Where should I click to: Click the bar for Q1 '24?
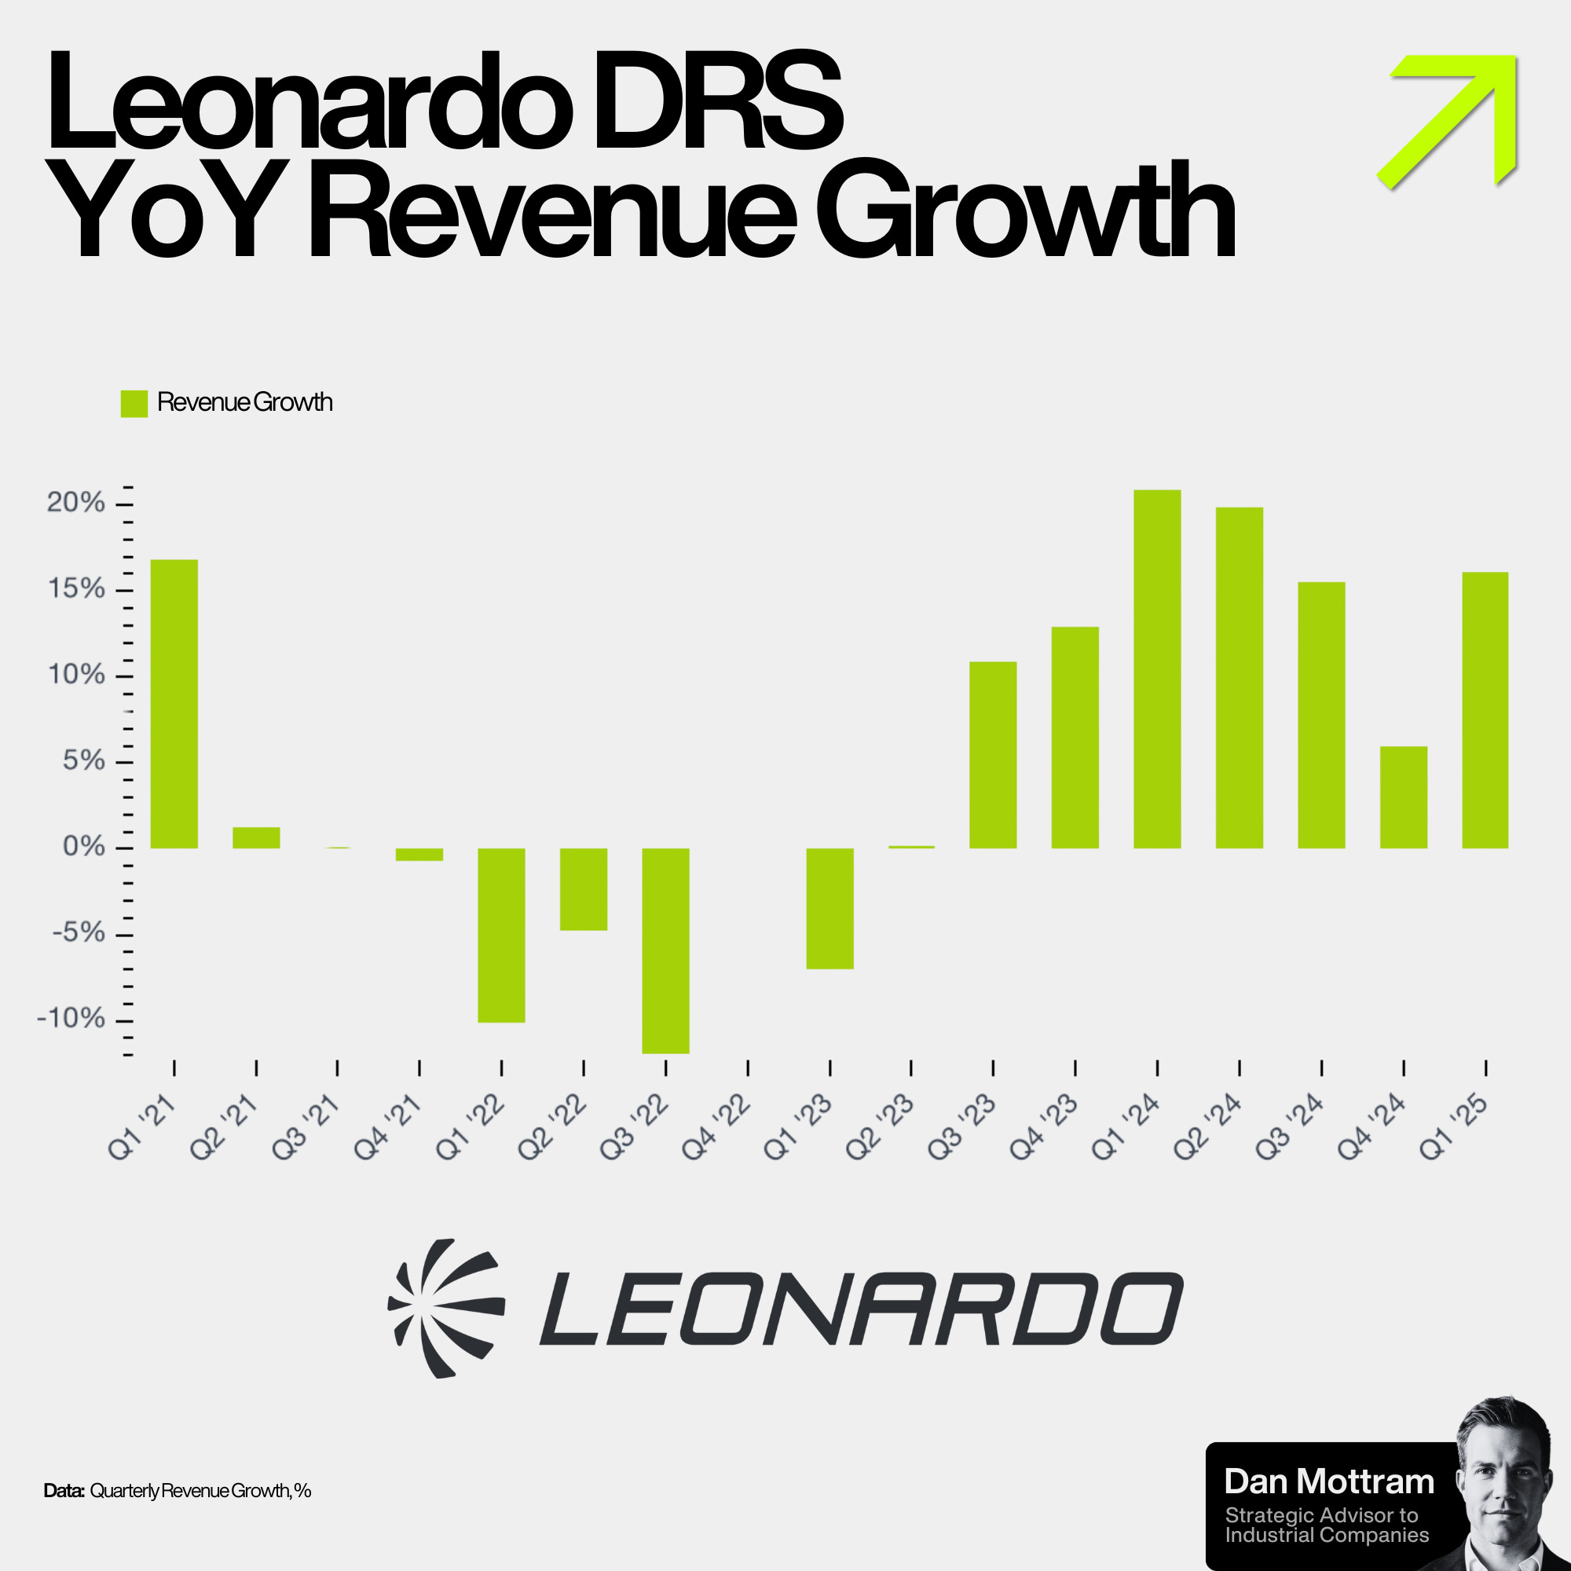pyautogui.click(x=1157, y=668)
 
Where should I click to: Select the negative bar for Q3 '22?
pyautogui.click(x=666, y=950)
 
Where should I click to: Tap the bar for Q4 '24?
pyautogui.click(x=1404, y=796)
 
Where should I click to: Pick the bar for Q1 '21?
pyautogui.click(x=174, y=703)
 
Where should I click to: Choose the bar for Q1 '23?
pyautogui.click(x=829, y=908)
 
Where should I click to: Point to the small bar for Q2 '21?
pyautogui.click(x=256, y=837)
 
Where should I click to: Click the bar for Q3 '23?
pyautogui.click(x=993, y=755)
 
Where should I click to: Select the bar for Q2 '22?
pyautogui.click(x=584, y=888)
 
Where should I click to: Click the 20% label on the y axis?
pyautogui.click(x=75, y=504)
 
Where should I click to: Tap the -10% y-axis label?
pyautogui.click(x=71, y=1019)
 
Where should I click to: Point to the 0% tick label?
pyautogui.click(x=84, y=848)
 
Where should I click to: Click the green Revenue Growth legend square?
pyautogui.click(x=134, y=403)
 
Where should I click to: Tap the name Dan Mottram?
pyautogui.click(x=1329, y=1481)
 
